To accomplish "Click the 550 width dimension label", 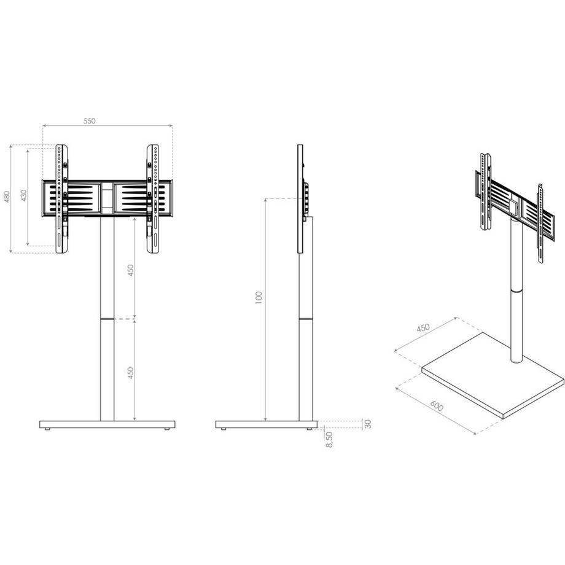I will (x=90, y=122).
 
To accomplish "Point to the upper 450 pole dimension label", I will (x=130, y=270).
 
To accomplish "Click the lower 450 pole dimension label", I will (x=130, y=373).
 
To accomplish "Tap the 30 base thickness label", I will (x=368, y=424).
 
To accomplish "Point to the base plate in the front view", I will (x=107, y=424).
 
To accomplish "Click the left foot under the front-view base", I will (x=48, y=431).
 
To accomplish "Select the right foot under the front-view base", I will (x=166, y=431).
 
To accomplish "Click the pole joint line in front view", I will (x=107, y=319).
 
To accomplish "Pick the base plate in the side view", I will (x=267, y=424).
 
